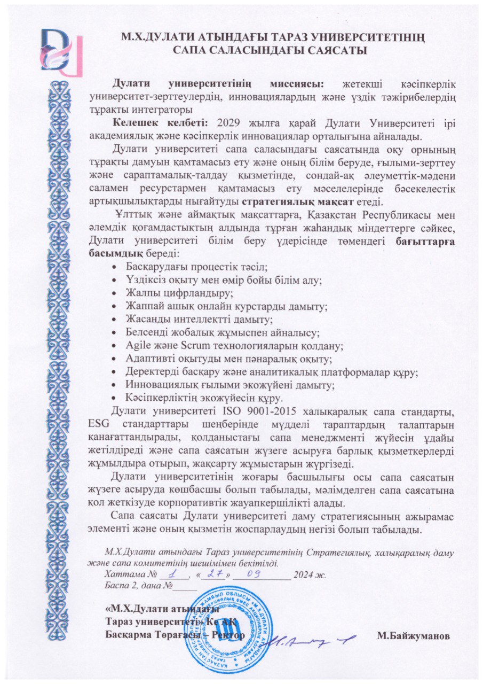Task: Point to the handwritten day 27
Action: (213, 573)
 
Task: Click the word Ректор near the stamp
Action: (228, 636)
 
